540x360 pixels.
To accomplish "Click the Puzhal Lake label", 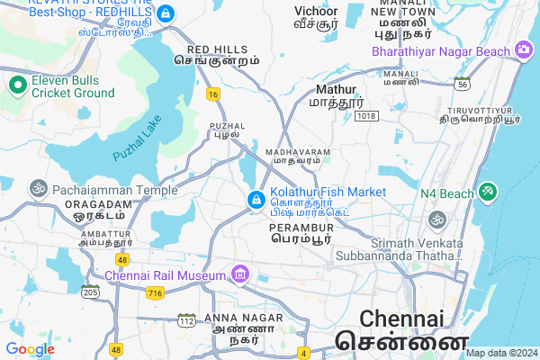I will tap(137, 138).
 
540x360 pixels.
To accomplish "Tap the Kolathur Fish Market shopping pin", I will tap(256, 199).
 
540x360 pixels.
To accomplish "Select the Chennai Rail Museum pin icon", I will tap(239, 274).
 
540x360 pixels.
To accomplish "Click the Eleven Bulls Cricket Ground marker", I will tap(17, 85).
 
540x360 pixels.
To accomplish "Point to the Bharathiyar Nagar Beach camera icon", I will tap(523, 51).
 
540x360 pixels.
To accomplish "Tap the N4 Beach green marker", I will tap(487, 192).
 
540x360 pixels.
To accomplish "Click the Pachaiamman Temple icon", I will tap(38, 191).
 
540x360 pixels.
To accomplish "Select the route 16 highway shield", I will tap(212, 94).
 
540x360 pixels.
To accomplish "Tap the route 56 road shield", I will tap(461, 84).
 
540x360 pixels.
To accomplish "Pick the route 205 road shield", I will tap(90, 292).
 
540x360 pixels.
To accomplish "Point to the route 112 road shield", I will tap(187, 320).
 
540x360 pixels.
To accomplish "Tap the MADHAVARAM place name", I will tap(298, 153).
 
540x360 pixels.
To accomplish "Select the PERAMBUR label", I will tap(301, 229).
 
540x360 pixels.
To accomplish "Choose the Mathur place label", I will tap(337, 90).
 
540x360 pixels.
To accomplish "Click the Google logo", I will tap(30, 349).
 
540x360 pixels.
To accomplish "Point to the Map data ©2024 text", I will tap(499, 353).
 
